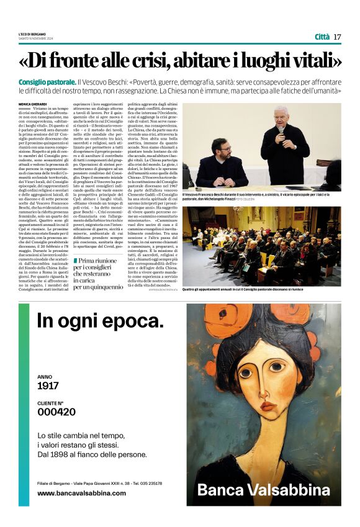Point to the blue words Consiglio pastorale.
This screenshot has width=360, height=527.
pos(55,82)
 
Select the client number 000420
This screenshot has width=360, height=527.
pos(56,412)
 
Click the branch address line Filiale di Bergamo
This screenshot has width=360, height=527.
pos(100,483)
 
